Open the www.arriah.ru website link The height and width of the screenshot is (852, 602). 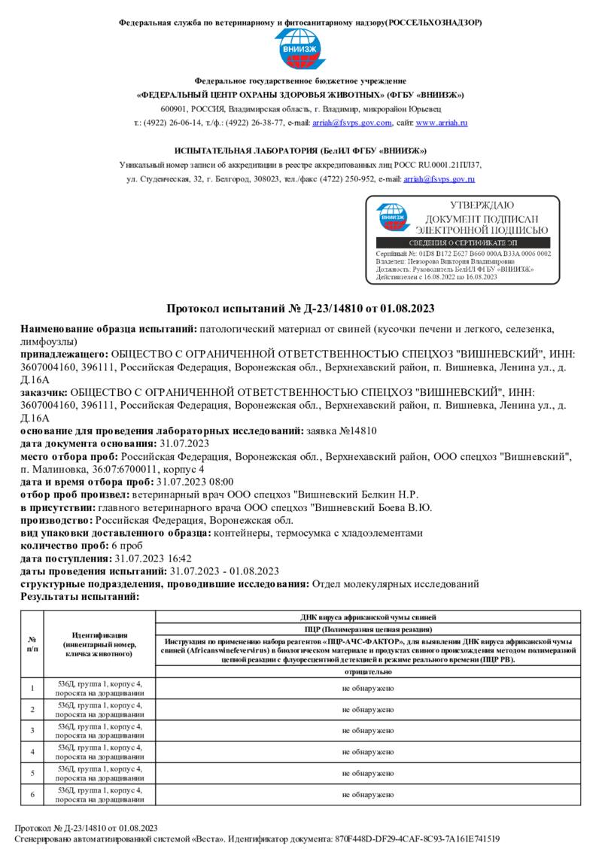[442, 123]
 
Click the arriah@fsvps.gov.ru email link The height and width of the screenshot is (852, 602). [439, 180]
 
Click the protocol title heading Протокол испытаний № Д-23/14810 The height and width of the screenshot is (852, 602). [300, 309]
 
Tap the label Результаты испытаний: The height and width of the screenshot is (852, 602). [80, 596]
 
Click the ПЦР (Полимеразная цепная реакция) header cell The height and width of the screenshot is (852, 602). [368, 628]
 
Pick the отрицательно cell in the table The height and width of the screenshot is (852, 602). [368, 671]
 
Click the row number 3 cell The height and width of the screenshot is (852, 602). [32, 730]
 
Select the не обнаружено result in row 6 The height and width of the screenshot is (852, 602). [368, 793]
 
